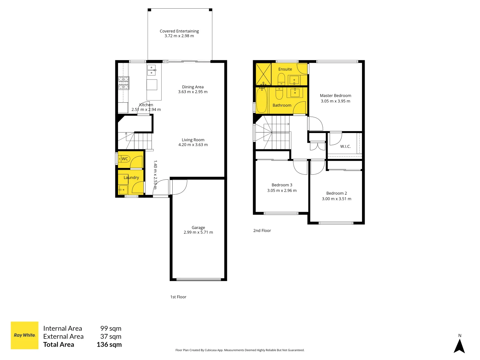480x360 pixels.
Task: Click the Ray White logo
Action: tap(24, 335)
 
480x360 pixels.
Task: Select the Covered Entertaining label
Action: tap(179, 31)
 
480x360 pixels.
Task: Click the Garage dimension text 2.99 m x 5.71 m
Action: tap(198, 232)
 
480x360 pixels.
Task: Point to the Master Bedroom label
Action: tap(335, 96)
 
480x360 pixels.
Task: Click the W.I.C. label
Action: tap(345, 146)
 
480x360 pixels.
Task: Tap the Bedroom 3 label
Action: tap(282, 185)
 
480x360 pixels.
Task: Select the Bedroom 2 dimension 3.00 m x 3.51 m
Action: tap(336, 199)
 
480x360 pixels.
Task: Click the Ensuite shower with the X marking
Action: tap(263, 74)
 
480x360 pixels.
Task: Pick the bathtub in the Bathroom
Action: tap(262, 100)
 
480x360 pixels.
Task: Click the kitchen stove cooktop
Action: tap(123, 83)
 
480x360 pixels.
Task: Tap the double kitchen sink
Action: tap(151, 70)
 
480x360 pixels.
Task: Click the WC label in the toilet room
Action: tap(125, 159)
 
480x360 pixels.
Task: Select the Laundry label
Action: tap(131, 178)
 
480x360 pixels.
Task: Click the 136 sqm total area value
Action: tap(109, 345)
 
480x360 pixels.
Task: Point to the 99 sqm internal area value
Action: tap(111, 328)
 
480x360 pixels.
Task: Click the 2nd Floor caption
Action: tap(262, 231)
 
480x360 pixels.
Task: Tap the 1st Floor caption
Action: tap(178, 297)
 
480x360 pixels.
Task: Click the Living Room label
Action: tap(193, 140)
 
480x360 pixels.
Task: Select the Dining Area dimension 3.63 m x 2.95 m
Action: tap(193, 92)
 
